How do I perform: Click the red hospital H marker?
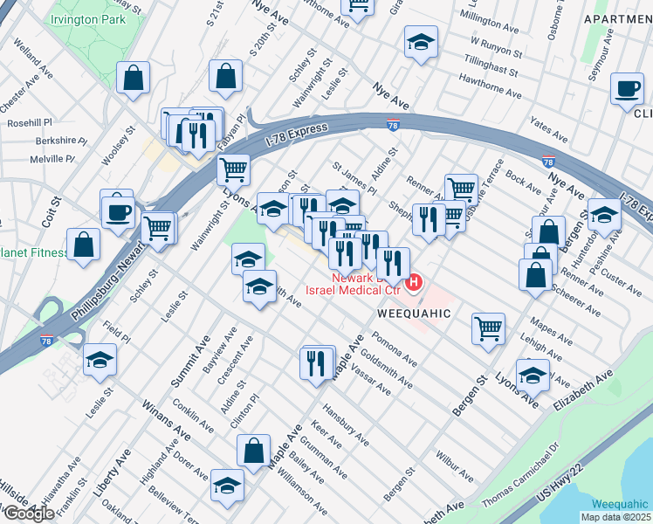[x=416, y=282]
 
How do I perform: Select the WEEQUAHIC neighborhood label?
[x=414, y=313]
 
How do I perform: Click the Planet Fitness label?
[x=33, y=252]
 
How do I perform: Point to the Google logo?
[x=28, y=513]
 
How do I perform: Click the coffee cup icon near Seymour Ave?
[x=627, y=89]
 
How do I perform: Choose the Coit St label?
[x=54, y=214]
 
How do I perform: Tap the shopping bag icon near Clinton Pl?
[x=253, y=452]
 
